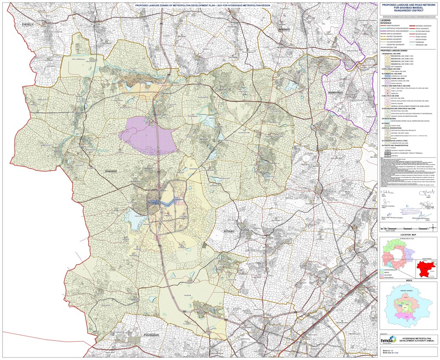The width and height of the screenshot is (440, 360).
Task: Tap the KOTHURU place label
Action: [x=230, y=232]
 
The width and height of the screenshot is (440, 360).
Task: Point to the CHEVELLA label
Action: [x=31, y=25]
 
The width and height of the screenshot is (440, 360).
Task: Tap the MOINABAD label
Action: [x=284, y=29]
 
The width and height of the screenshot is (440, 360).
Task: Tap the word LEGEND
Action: [x=385, y=20]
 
